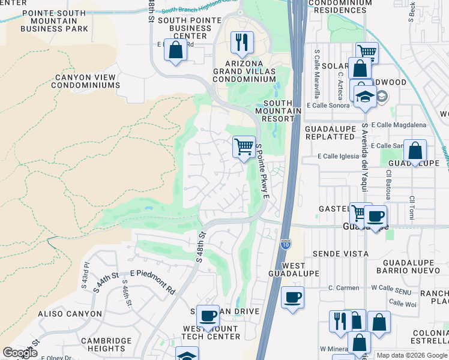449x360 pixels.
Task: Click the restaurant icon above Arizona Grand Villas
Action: (242, 41)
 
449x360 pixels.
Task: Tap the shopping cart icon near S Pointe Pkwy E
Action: (243, 146)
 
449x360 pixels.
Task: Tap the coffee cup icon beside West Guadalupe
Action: (292, 298)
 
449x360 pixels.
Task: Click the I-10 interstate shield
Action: (286, 244)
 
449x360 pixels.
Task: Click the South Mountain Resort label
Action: (278, 110)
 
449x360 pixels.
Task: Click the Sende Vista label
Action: (340, 254)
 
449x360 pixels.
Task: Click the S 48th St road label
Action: (200, 248)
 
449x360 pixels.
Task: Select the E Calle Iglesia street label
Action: (341, 157)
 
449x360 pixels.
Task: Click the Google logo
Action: (20, 353)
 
